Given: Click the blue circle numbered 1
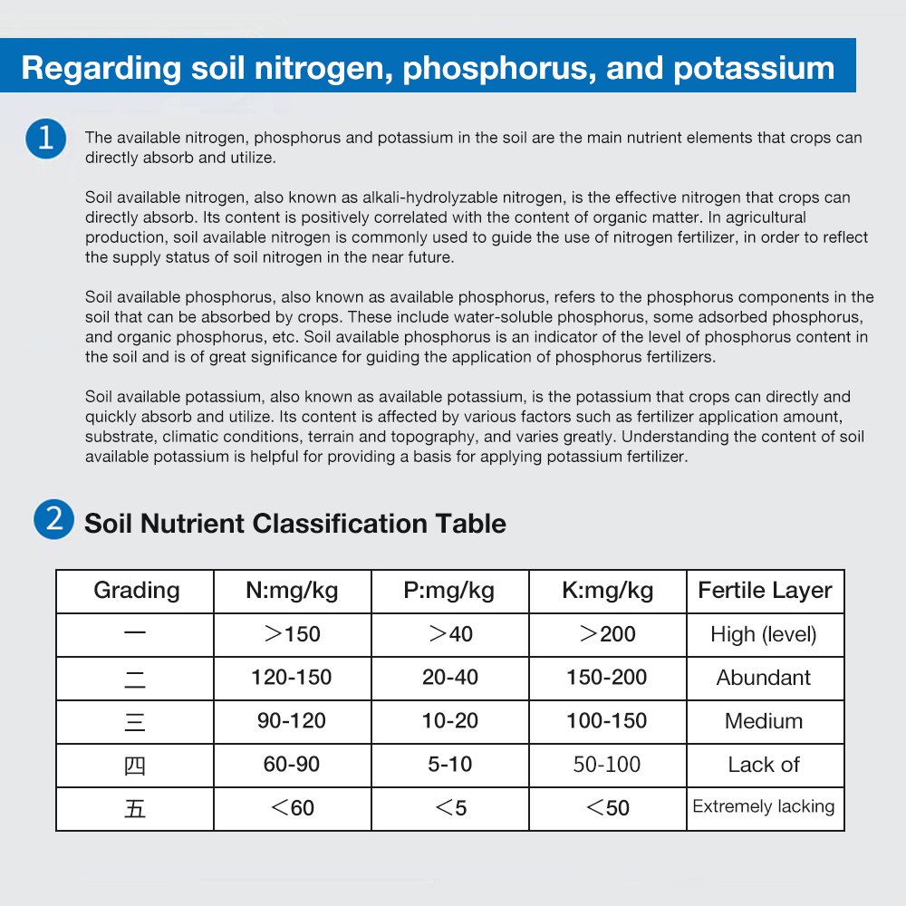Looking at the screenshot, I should point(46,140).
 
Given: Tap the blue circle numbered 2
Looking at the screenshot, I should point(53,521).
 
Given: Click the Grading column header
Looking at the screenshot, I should point(136,591).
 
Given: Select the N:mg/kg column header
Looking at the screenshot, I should point(292,591).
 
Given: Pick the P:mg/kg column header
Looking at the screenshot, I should point(449,591).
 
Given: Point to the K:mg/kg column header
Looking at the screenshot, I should point(607,591).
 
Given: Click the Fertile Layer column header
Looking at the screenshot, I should point(765,591).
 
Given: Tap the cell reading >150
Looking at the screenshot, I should point(292,634).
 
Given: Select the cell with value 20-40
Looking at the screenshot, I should point(449,678).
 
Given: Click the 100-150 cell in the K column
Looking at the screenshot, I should point(607,721).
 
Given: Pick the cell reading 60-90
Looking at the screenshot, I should point(292,765).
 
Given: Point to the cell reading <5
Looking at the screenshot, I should point(449,808).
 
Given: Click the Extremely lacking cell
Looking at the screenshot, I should point(764,806).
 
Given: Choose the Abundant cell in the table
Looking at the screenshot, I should point(764,678).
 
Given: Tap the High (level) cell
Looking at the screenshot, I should point(764,634).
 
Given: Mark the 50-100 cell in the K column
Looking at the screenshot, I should point(607,765).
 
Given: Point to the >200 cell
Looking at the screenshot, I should point(607,634).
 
